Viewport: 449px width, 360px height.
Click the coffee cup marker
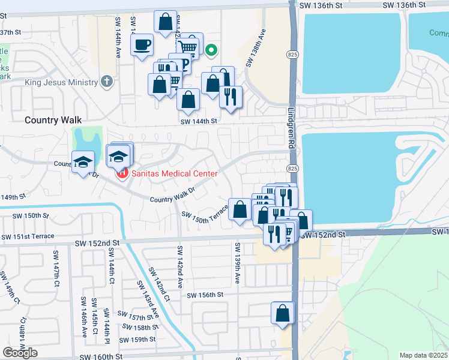(x=142, y=45)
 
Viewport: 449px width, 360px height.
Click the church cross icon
(x=107, y=82)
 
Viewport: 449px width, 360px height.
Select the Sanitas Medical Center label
(x=173, y=174)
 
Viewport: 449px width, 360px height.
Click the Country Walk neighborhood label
(x=53, y=120)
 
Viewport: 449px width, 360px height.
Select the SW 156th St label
(x=205, y=295)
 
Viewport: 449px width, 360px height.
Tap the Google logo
(x=20, y=353)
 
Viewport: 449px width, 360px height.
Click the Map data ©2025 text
(x=423, y=355)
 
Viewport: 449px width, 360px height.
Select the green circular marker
(x=211, y=50)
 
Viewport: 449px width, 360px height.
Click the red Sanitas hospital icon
(x=122, y=174)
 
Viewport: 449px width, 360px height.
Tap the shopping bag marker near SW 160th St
(x=283, y=313)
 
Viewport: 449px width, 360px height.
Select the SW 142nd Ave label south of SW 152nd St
(x=179, y=260)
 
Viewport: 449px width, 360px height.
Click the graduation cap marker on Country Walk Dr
(x=83, y=163)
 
